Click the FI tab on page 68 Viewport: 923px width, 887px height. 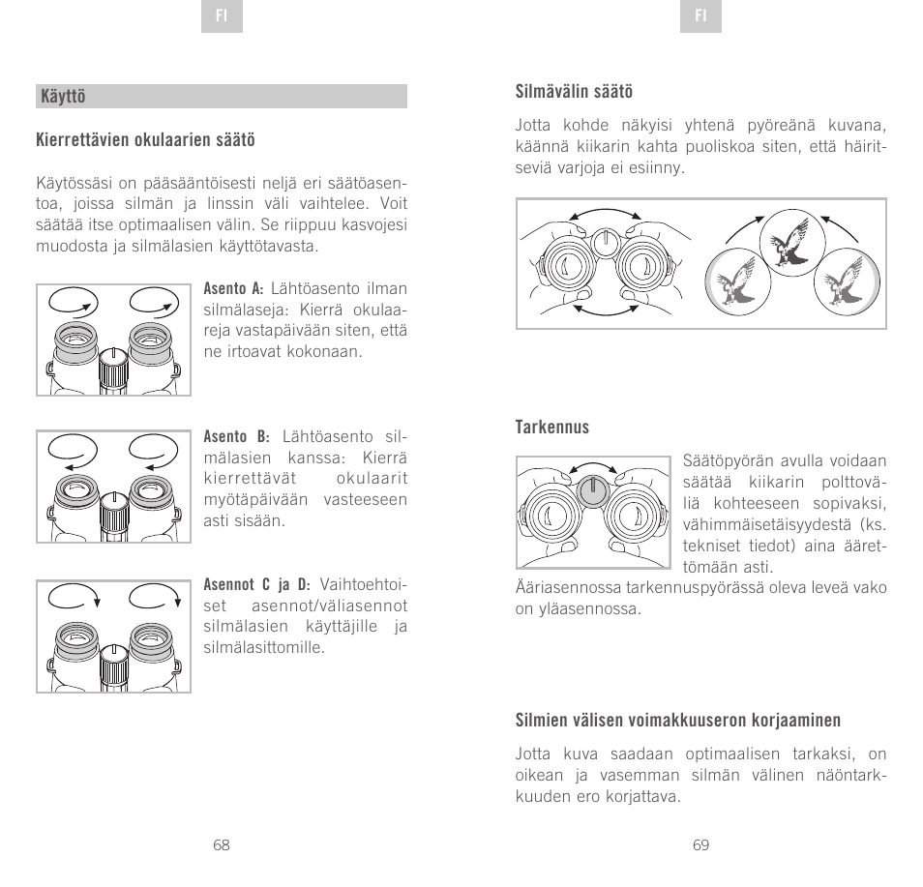tap(222, 17)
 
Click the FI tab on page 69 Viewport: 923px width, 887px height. tap(700, 17)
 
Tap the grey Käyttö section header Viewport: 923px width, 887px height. tap(221, 97)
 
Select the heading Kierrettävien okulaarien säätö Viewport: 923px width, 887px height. tap(145, 141)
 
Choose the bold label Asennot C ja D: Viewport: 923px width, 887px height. tap(256, 585)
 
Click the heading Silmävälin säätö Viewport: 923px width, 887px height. tap(574, 92)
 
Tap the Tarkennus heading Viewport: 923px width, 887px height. tap(551, 428)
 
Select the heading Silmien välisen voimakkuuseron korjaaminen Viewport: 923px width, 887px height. tap(677, 721)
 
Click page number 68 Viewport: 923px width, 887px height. tap(222, 844)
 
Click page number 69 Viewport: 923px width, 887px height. tap(700, 844)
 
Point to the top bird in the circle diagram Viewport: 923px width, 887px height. tap(790, 242)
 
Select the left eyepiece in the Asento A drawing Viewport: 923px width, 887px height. tap(78, 343)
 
